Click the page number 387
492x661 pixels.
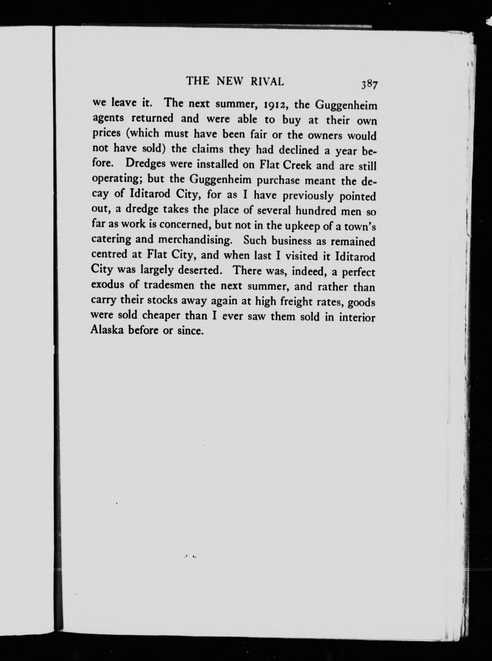369,85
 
